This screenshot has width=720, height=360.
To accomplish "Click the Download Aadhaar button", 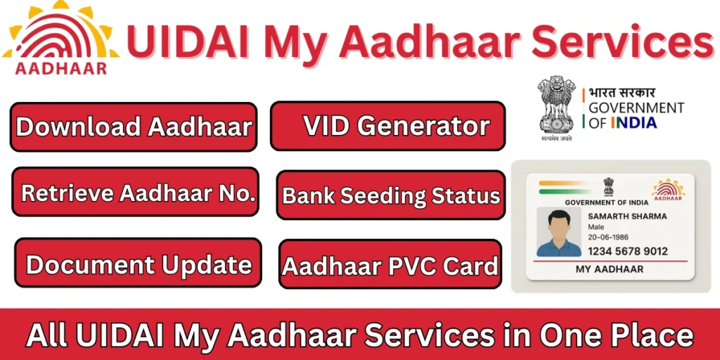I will point(133,127).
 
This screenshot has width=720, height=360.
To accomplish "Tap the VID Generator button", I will point(387,126).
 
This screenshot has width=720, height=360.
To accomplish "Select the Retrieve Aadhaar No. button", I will point(136,192).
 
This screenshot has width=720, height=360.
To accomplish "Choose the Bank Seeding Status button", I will point(391,195).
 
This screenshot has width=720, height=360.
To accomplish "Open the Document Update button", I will point(139,264).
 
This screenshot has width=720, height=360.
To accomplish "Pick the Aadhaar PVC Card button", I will point(390,264).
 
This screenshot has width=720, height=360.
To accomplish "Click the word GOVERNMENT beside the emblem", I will point(636,108).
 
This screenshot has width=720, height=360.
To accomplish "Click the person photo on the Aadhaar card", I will point(559,231).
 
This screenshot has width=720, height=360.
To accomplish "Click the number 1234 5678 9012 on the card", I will point(627,251).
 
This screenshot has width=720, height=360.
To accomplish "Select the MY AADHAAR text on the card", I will point(610,269).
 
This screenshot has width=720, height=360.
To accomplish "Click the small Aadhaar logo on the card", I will point(669,188).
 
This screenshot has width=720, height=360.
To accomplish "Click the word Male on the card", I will point(596,227).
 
